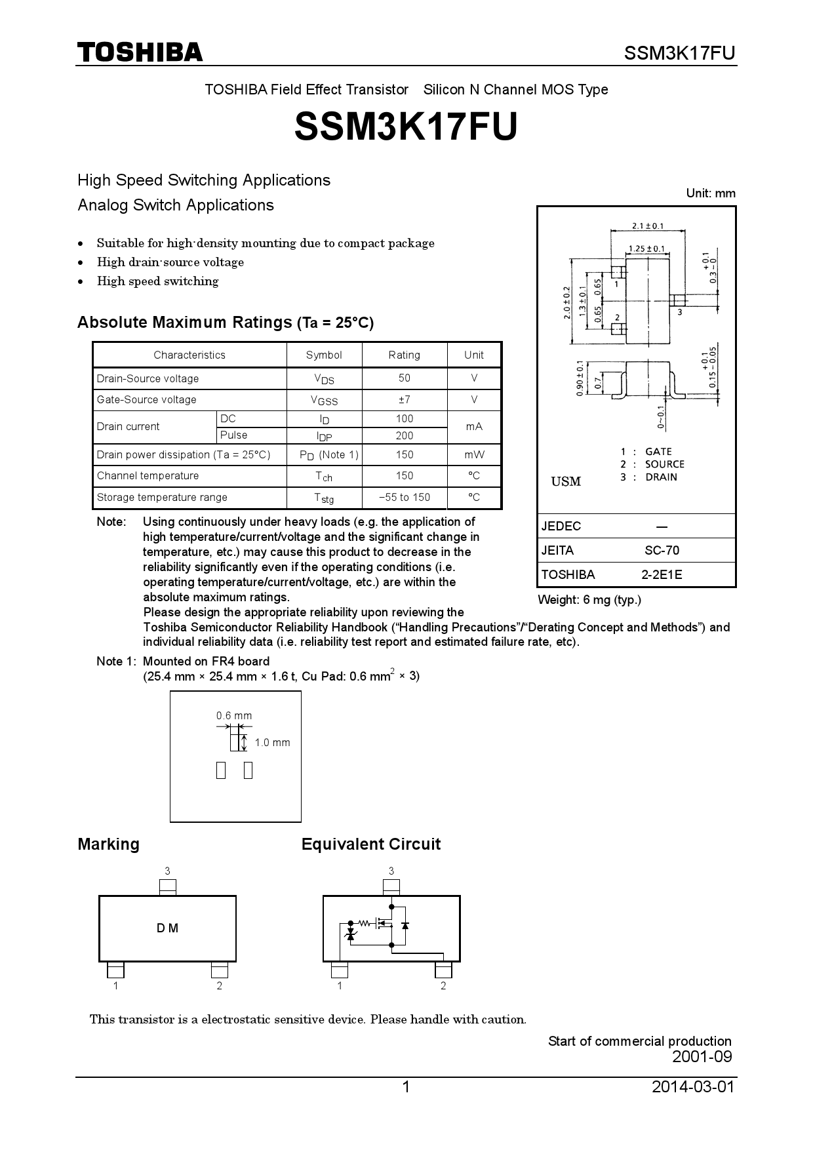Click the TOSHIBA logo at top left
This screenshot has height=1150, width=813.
click(x=140, y=52)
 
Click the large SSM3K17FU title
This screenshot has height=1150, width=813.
click(x=406, y=127)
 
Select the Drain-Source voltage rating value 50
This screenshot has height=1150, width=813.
click(x=404, y=378)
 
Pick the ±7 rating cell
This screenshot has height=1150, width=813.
click(x=404, y=399)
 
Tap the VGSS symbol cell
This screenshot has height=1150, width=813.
click(x=324, y=400)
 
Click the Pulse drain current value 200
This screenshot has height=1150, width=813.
click(x=404, y=435)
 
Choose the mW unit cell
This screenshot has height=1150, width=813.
click(x=474, y=454)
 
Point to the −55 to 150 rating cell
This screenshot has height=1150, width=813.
click(x=404, y=497)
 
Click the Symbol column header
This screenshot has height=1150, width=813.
click(x=324, y=355)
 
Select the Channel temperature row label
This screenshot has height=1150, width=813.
click(x=148, y=475)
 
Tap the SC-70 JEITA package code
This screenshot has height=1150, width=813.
click(x=662, y=550)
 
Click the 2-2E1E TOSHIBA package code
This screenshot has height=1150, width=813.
click(x=662, y=574)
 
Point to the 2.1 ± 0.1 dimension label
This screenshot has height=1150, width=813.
click(x=647, y=226)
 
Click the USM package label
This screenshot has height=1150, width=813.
click(x=566, y=482)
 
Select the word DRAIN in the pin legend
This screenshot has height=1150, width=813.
click(x=661, y=477)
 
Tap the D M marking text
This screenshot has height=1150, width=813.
click(x=167, y=928)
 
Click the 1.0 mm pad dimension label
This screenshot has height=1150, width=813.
click(x=272, y=742)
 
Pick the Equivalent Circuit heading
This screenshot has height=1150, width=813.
click(x=370, y=844)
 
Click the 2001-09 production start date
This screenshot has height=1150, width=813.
click(x=702, y=1056)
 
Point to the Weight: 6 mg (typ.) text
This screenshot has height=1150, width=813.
click(x=589, y=599)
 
